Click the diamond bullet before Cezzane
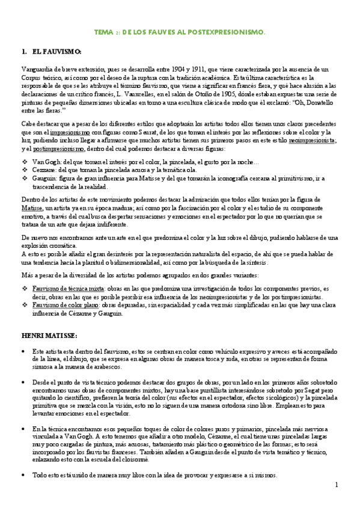[25, 171]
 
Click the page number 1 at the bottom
[337, 484]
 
